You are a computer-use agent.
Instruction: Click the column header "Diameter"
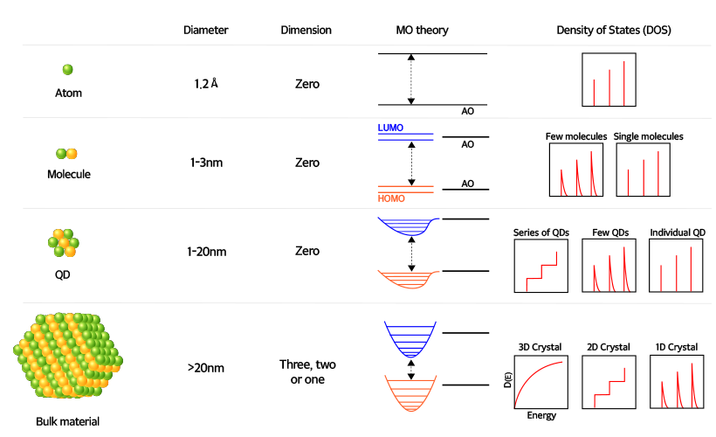point(206,30)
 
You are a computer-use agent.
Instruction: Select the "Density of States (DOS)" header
point(620,30)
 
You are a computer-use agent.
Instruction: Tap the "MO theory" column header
point(422,30)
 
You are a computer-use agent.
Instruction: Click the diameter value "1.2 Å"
point(206,85)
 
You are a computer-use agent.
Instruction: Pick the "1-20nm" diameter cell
point(206,252)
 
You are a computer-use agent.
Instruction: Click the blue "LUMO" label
point(391,128)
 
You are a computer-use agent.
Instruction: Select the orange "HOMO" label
point(392,198)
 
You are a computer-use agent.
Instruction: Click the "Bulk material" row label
point(67,421)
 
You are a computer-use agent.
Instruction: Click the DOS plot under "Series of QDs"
point(541,267)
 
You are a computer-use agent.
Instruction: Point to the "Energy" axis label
point(541,416)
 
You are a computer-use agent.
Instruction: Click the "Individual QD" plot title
point(678,232)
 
